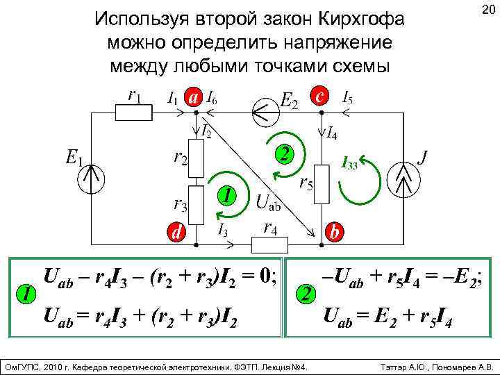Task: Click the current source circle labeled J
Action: click(403, 180)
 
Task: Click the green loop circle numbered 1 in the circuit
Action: click(225, 196)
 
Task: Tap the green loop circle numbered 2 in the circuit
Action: click(283, 152)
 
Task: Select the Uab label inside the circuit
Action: click(269, 203)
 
